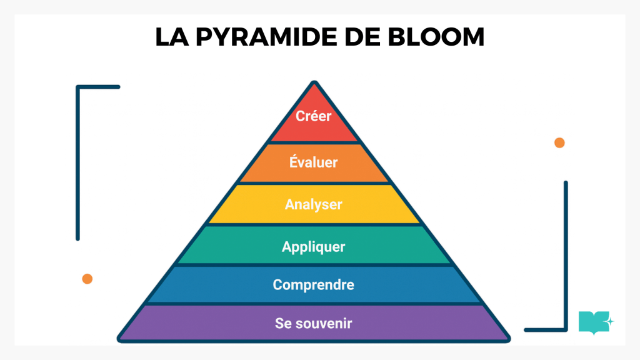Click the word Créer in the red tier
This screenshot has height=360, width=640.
[x=314, y=116]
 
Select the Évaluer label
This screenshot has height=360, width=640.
[x=314, y=162]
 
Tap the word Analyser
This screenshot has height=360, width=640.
[x=314, y=204]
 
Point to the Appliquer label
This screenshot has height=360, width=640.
[x=314, y=246]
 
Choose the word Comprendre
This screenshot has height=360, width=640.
[x=314, y=285]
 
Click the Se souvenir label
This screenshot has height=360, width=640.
[x=314, y=324]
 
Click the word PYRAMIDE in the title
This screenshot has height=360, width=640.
[x=274, y=37]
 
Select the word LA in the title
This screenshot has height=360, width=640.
[x=171, y=37]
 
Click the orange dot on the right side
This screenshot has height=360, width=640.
[x=559, y=142]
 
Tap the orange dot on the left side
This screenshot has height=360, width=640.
[x=87, y=279]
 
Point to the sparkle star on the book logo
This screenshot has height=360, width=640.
[x=610, y=321]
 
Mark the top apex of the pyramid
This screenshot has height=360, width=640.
[x=314, y=83]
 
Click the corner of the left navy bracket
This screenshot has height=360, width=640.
[x=78, y=87]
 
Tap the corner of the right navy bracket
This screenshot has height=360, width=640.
[x=565, y=329]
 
